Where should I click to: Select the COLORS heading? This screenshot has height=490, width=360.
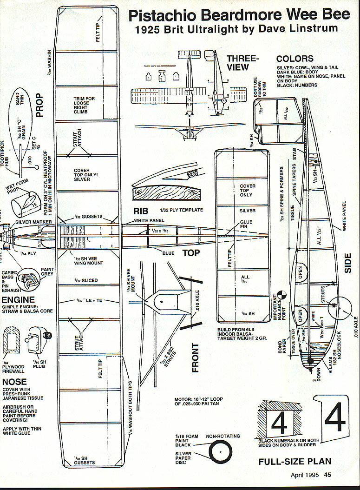295,59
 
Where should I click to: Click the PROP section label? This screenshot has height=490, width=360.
39,105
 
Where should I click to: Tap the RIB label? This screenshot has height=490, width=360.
141,212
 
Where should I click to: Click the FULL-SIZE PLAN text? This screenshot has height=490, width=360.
295,462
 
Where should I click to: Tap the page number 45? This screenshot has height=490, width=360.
327,475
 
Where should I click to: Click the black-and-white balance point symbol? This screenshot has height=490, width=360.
281,296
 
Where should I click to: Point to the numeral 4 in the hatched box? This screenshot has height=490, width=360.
279,423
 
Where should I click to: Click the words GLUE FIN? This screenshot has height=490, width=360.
246,225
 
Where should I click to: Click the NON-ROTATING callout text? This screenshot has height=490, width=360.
223,436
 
